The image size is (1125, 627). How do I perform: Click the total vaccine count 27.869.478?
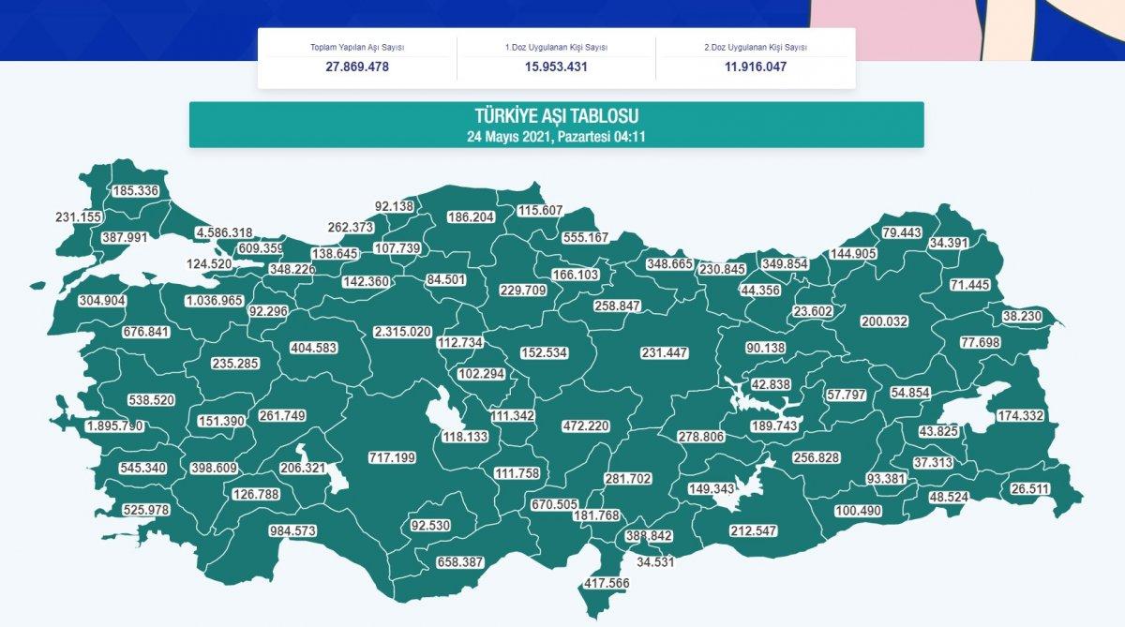click(x=357, y=67)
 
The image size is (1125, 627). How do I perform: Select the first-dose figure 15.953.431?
click(x=557, y=67)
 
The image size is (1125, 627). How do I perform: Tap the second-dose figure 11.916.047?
click(x=755, y=67)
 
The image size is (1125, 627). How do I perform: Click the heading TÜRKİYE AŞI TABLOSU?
click(x=556, y=116)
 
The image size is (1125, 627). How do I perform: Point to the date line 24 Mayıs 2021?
click(x=556, y=137)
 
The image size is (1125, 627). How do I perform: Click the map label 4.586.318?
click(x=224, y=232)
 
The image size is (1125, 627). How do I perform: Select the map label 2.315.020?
click(x=402, y=332)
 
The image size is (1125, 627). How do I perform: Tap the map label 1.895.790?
click(x=114, y=426)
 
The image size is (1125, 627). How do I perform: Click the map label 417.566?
click(x=607, y=582)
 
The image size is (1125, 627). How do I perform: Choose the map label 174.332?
click(x=1020, y=415)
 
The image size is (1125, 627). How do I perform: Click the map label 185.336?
click(x=136, y=191)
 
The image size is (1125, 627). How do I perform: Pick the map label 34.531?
click(x=656, y=562)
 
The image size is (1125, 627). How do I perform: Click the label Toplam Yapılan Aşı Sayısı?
click(x=357, y=48)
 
